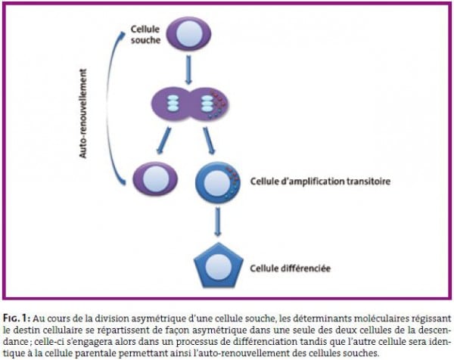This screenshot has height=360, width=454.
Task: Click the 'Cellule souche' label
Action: click(145, 35)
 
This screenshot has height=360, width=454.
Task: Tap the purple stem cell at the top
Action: click(188, 34)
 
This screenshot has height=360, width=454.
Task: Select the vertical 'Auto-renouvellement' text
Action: click(82, 113)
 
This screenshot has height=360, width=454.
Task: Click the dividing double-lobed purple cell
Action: click(190, 104)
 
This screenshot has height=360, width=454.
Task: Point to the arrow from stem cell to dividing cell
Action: click(188, 70)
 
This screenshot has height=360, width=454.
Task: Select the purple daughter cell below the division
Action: click(155, 178)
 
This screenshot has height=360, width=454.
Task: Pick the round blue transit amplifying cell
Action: click(218, 182)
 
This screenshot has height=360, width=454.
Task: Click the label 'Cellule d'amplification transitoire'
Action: click(320, 182)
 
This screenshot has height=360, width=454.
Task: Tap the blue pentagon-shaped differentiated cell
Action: click(219, 265)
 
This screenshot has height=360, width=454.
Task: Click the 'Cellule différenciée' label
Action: click(290, 268)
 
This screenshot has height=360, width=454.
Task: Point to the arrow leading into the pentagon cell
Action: click(218, 222)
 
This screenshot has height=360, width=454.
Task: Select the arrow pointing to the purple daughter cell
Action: click(163, 141)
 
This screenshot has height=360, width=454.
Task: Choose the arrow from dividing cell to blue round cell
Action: click(209, 141)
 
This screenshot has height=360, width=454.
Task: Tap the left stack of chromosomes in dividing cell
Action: click(173, 104)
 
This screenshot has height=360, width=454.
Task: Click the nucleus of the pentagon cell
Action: click(219, 266)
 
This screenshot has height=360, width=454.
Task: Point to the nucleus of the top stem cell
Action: click(188, 33)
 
